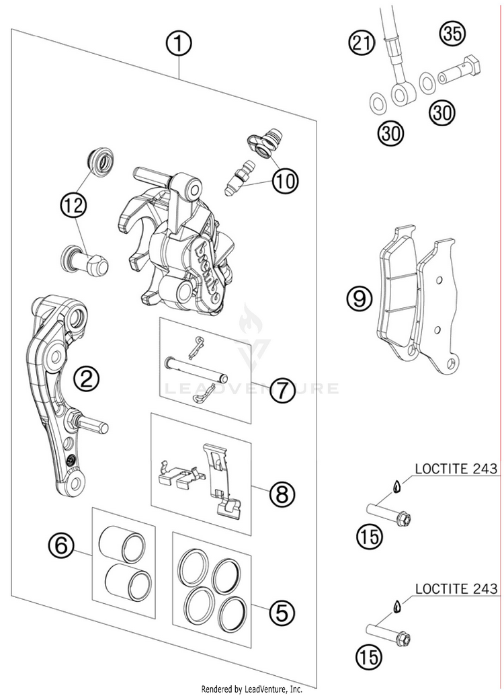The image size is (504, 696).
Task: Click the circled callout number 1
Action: [x=179, y=46]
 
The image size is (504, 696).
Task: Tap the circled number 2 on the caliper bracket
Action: [x=86, y=381]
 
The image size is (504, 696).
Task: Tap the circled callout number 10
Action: [x=285, y=180]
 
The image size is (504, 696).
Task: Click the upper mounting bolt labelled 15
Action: [x=389, y=514]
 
